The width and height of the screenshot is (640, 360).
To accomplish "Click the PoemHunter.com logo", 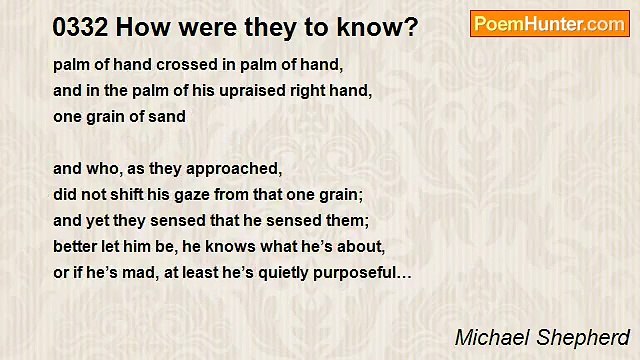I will [x=549, y=24].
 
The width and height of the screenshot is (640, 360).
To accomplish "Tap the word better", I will [x=78, y=247].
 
